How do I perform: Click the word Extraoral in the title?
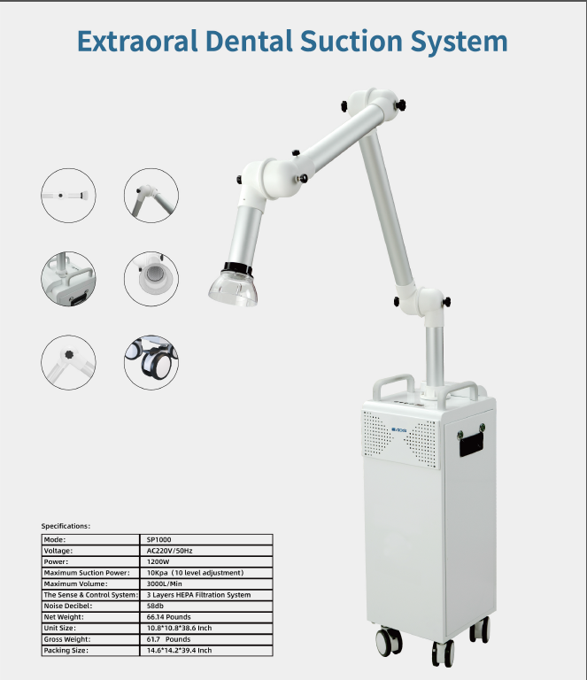pyautogui.click(x=138, y=42)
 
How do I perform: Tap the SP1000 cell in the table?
pyautogui.click(x=158, y=539)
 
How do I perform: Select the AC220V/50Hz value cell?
pyautogui.click(x=168, y=550)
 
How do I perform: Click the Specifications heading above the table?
pyautogui.click(x=66, y=526)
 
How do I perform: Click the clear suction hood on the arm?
pyautogui.click(x=232, y=287)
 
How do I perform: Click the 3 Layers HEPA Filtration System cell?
pyautogui.click(x=198, y=595)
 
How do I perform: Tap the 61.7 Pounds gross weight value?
pyautogui.click(x=168, y=638)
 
